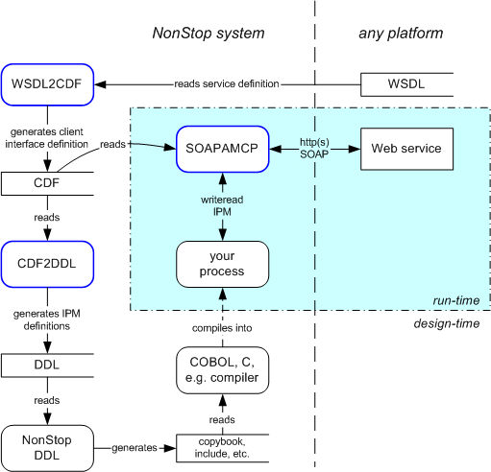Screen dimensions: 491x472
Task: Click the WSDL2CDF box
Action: click(x=47, y=84)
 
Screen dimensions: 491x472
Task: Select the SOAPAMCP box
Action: click(x=223, y=149)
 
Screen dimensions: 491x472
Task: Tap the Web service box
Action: click(x=406, y=149)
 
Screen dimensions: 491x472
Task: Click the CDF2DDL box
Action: click(x=47, y=264)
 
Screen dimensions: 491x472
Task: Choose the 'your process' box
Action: click(x=223, y=264)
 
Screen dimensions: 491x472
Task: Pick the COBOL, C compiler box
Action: click(x=223, y=370)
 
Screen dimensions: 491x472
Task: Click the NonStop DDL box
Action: click(x=47, y=448)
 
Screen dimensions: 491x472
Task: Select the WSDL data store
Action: click(x=406, y=84)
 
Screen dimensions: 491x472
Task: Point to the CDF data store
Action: click(x=47, y=183)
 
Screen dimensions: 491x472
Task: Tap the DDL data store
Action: click(x=47, y=366)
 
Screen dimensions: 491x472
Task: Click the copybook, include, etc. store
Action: click(x=223, y=448)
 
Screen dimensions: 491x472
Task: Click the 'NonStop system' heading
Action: click(x=209, y=34)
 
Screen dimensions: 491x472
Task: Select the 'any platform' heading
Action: click(x=401, y=34)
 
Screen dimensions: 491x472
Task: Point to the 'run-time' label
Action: click(x=456, y=300)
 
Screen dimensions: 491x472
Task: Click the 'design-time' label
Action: click(x=447, y=323)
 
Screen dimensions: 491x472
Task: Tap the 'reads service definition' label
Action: click(x=227, y=84)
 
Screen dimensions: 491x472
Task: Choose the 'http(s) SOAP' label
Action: click(x=314, y=149)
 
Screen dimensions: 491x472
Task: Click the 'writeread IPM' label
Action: click(x=222, y=205)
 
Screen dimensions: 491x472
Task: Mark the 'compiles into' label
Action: click(x=222, y=328)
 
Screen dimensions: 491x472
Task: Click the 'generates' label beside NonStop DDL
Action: click(x=135, y=448)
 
